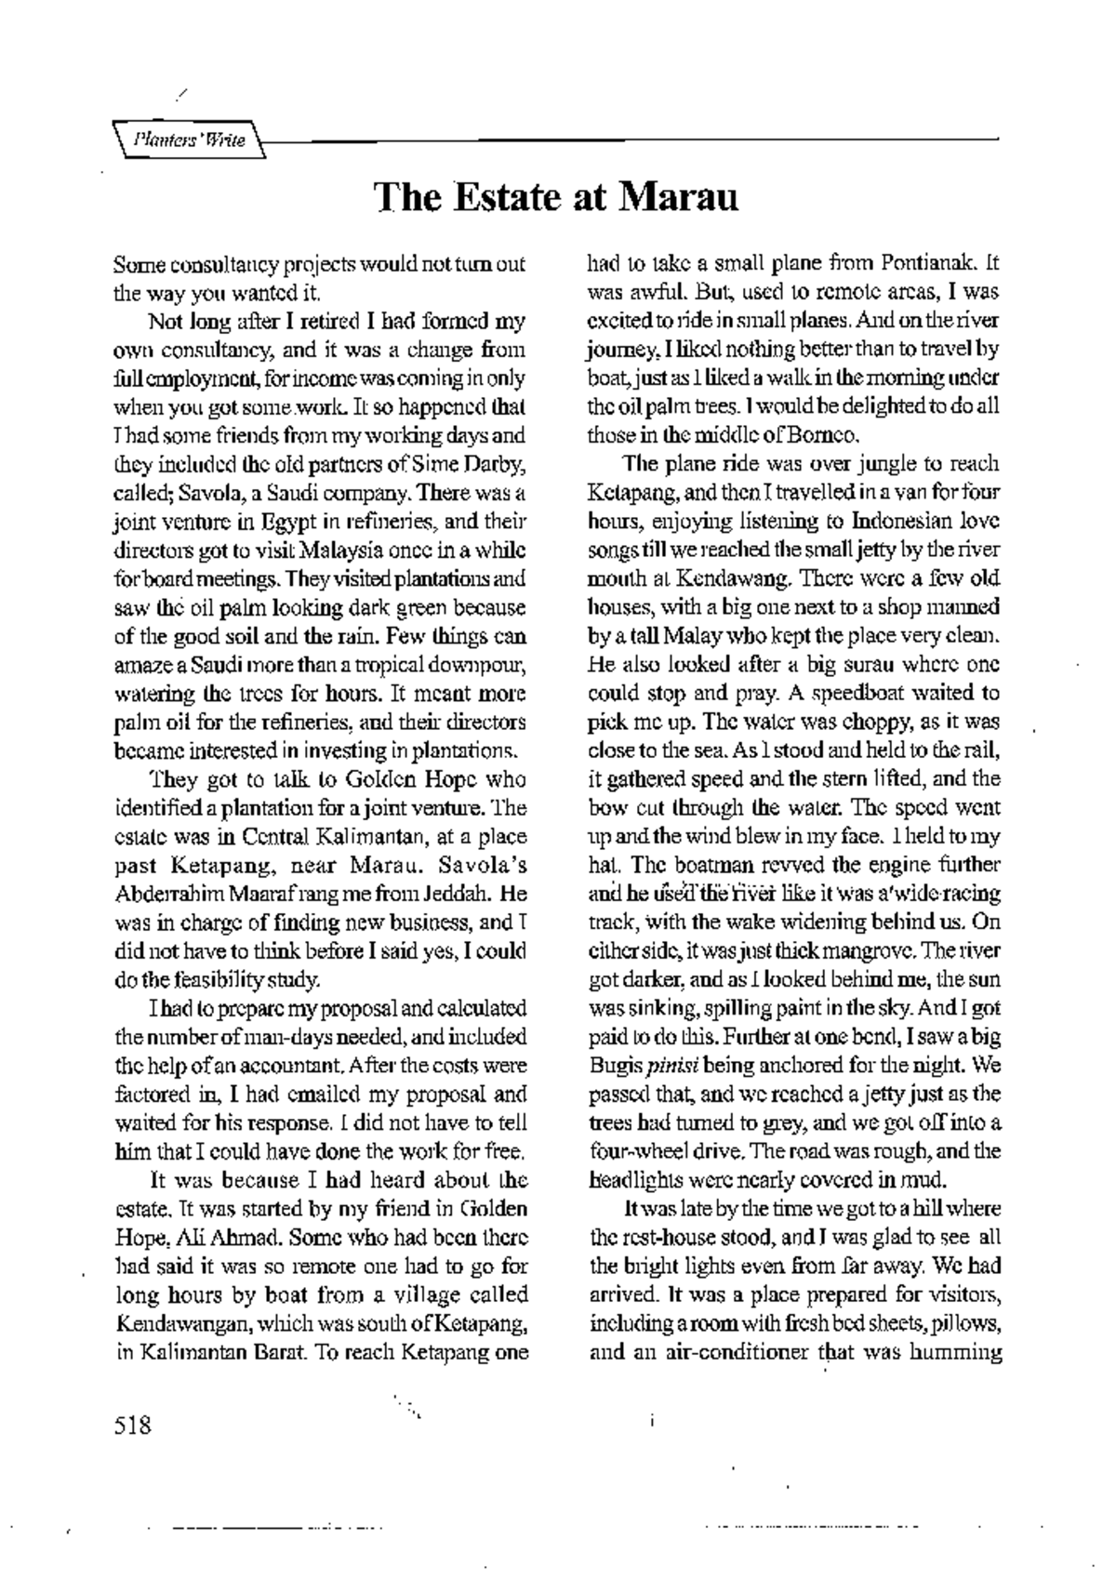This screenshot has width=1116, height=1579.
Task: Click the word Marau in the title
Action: click(678, 198)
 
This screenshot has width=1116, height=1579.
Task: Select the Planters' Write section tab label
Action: click(189, 140)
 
